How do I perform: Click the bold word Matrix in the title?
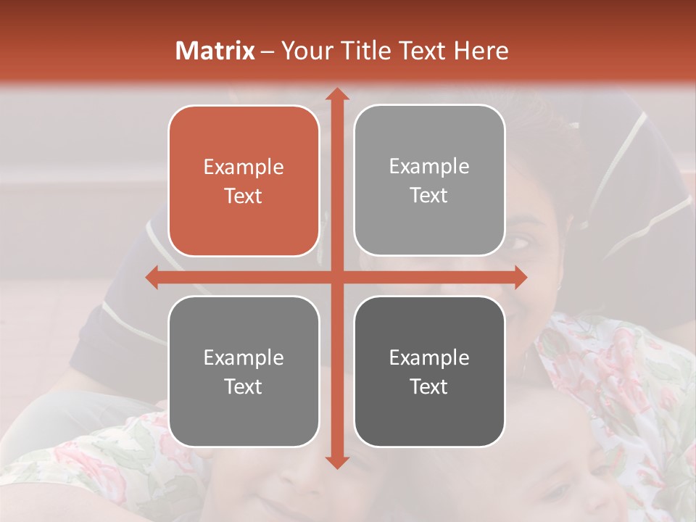tap(215, 51)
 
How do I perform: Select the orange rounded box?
tap(244, 181)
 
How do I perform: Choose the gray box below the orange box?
tap(244, 371)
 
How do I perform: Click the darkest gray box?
tap(429, 371)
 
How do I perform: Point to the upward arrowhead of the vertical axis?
tap(336, 94)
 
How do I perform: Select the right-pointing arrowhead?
tap(519, 277)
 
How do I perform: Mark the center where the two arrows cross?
tap(336, 277)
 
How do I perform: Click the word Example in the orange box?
tap(244, 167)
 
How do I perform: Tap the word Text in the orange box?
tap(244, 196)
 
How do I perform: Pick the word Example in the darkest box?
tap(429, 357)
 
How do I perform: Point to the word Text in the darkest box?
tap(429, 386)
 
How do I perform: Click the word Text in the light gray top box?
tap(429, 195)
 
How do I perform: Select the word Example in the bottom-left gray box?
tap(244, 357)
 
